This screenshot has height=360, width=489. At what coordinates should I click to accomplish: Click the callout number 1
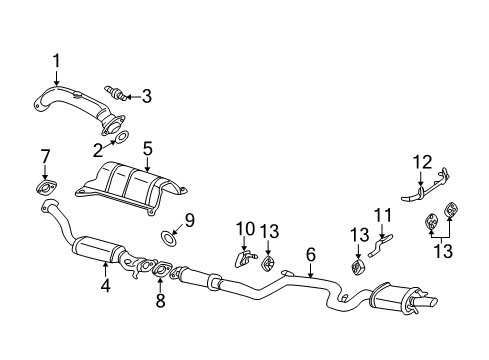click(56, 60)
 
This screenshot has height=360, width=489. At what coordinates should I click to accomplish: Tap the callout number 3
click(146, 96)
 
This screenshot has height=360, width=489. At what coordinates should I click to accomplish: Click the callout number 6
click(311, 254)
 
